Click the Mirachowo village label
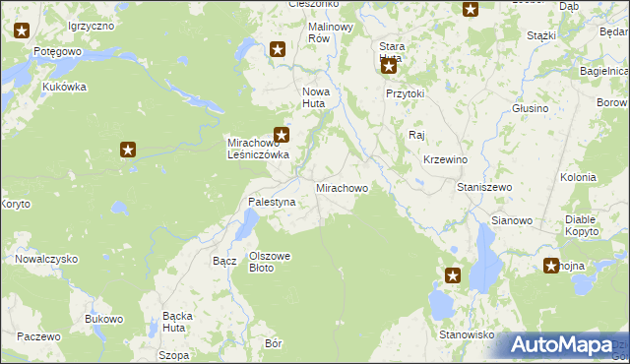tap(342, 187)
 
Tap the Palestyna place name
tap(271, 203)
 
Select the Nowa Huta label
tap(321, 96)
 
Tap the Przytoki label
tap(405, 93)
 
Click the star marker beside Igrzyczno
tap(23, 30)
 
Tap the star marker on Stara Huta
tap(389, 67)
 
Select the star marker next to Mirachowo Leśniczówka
tap(283, 135)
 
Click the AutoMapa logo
tap(562, 345)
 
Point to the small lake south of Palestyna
tap(242, 228)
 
